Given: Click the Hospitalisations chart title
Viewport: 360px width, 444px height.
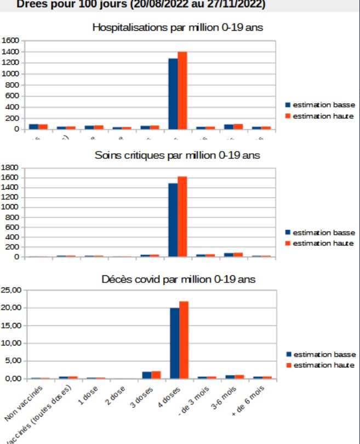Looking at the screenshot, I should tap(178, 27).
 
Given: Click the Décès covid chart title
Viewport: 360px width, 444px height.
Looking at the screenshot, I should tap(178, 279).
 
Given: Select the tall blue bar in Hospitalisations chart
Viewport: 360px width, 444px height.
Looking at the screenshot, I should tap(173, 94).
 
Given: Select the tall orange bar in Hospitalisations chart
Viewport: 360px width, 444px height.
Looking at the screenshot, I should tap(182, 90).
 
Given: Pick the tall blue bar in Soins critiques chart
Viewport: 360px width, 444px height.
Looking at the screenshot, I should tap(173, 220).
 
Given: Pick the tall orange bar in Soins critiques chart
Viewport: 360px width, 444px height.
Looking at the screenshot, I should tap(182, 216).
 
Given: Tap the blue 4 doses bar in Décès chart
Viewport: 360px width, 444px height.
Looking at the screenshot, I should tap(175, 343).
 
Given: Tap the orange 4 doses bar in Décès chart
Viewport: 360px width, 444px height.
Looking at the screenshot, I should tap(184, 340).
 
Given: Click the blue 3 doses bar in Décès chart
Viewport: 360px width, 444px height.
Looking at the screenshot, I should tap(147, 375).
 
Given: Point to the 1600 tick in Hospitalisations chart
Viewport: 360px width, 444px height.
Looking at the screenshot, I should tap(10, 41).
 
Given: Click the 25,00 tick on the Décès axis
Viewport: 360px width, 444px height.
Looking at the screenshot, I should tap(12, 290).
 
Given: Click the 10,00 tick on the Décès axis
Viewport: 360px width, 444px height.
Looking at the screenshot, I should tap(12, 343).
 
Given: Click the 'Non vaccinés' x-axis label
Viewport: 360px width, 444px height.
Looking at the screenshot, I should tap(25, 403).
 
